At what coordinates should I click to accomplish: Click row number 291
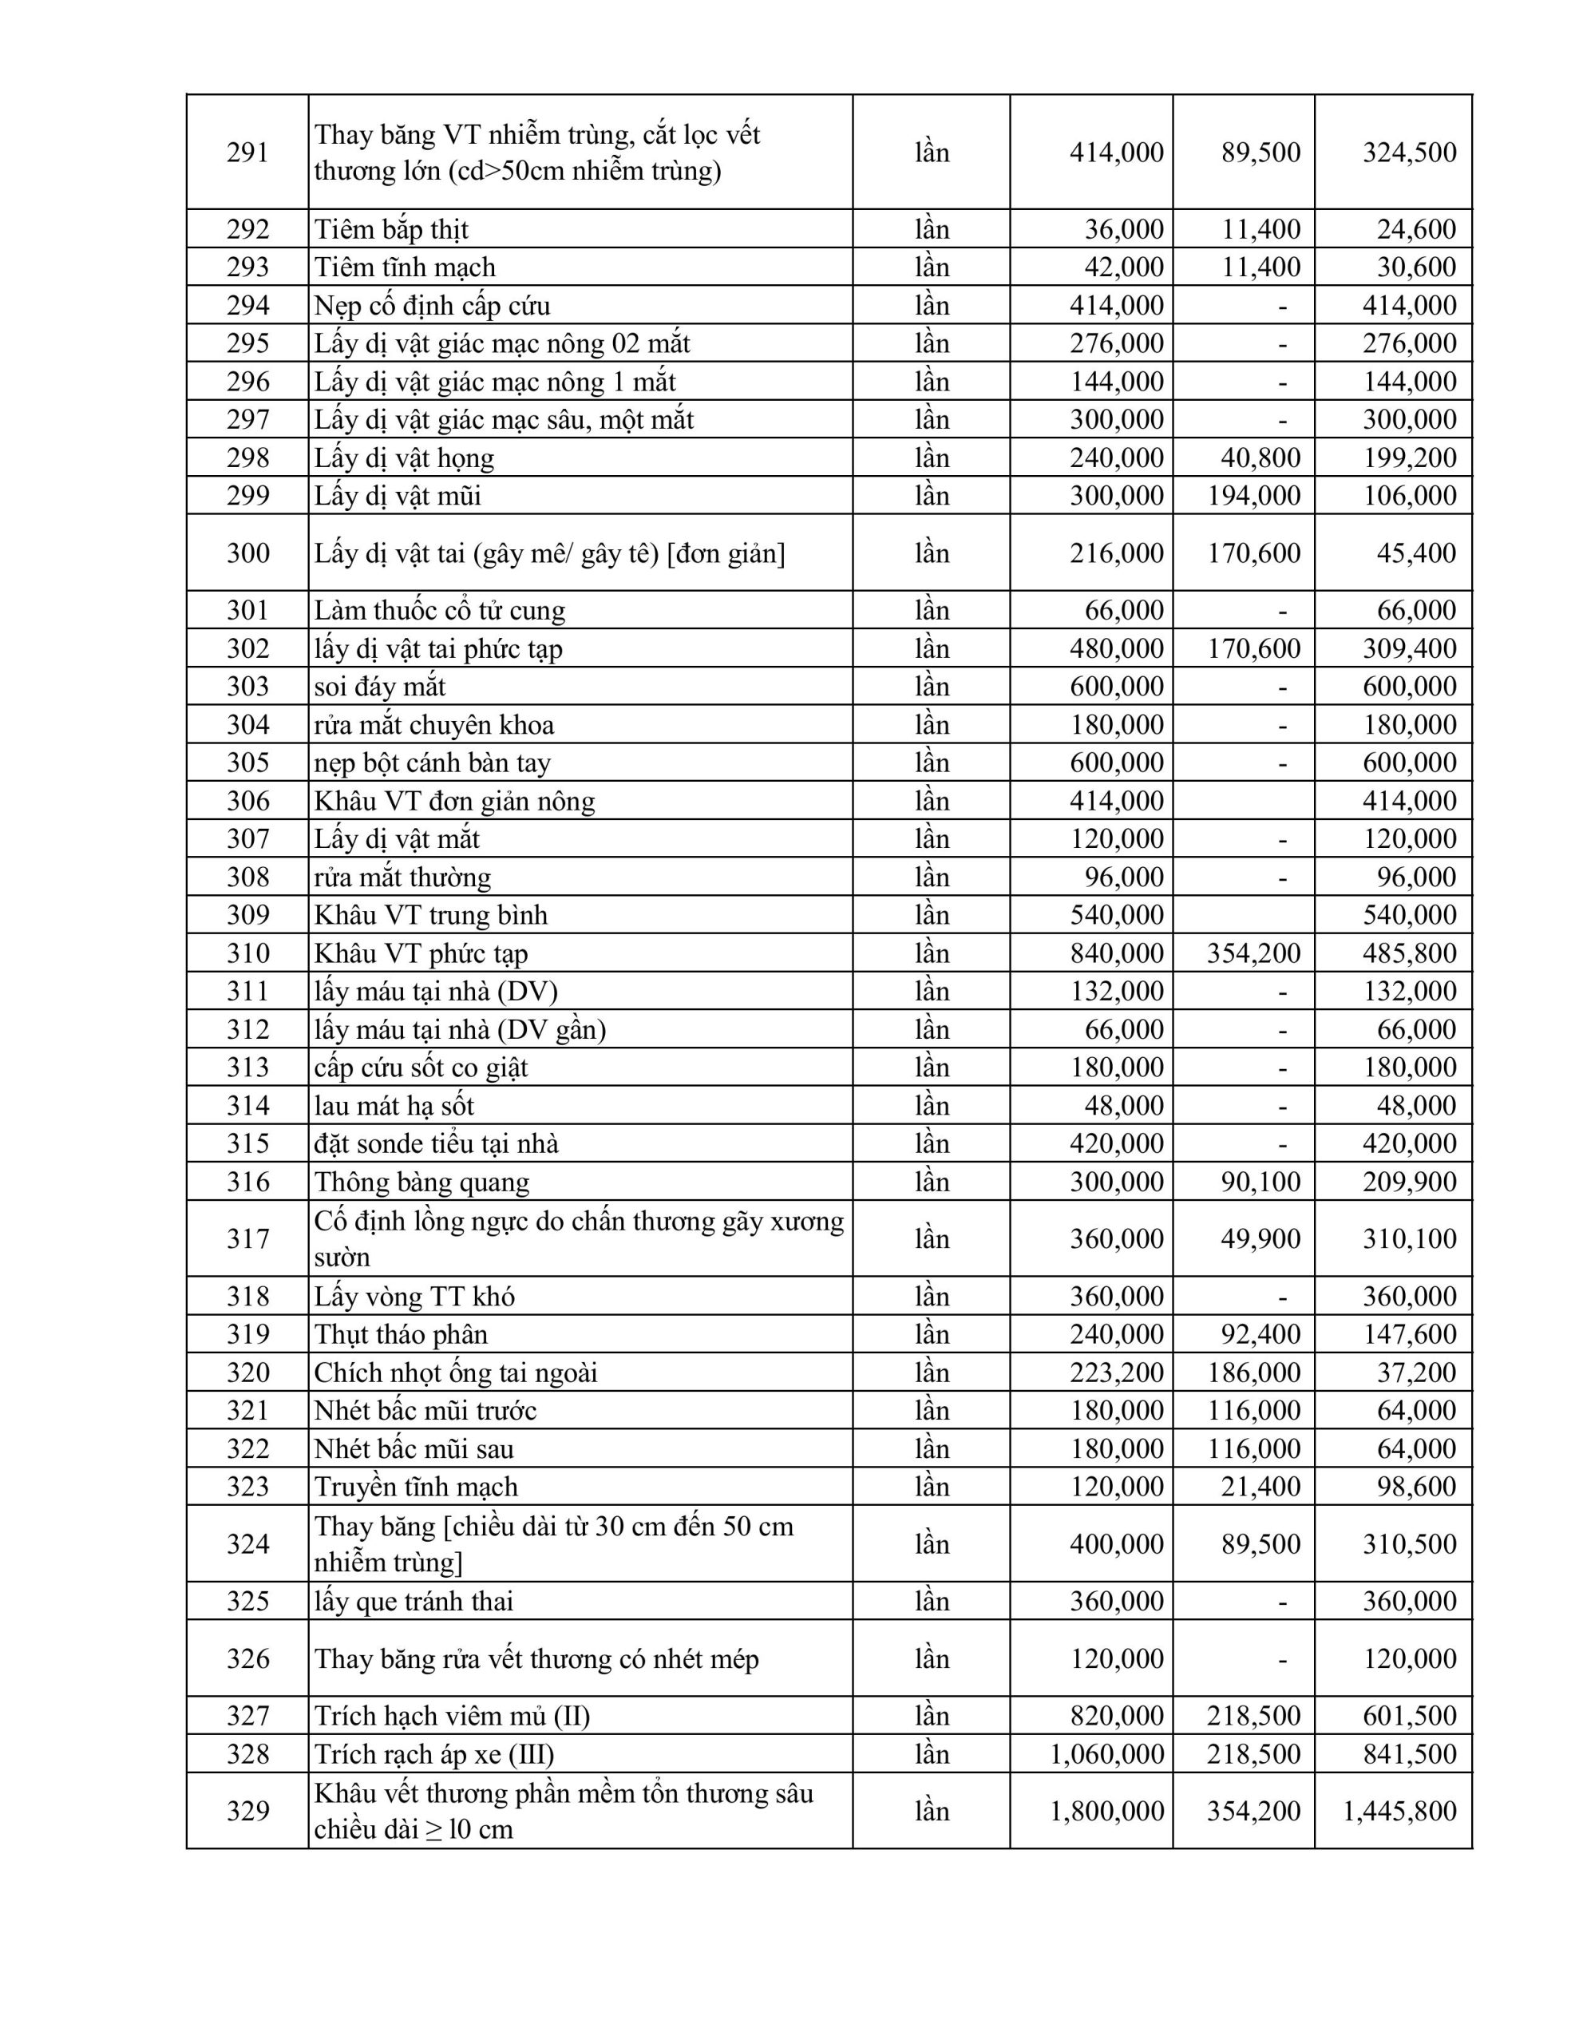(247, 152)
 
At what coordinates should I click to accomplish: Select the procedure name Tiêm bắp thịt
(390, 229)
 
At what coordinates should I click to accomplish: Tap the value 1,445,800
(1399, 1811)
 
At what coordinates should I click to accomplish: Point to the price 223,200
(1117, 1372)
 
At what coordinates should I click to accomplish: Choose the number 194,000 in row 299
(1253, 495)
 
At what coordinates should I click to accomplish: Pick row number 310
(247, 953)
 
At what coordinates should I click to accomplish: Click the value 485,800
(1409, 953)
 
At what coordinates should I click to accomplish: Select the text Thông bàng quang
(421, 1182)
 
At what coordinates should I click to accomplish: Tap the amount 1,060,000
(1106, 1754)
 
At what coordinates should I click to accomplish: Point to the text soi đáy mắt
(379, 686)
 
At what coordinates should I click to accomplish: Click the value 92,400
(1260, 1333)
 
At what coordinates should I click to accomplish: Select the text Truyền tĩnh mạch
(416, 1486)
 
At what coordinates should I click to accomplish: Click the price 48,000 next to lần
(1123, 1105)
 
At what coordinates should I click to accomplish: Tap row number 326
(247, 1658)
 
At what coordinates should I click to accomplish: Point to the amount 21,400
(1260, 1486)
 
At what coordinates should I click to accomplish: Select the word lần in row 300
(932, 553)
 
